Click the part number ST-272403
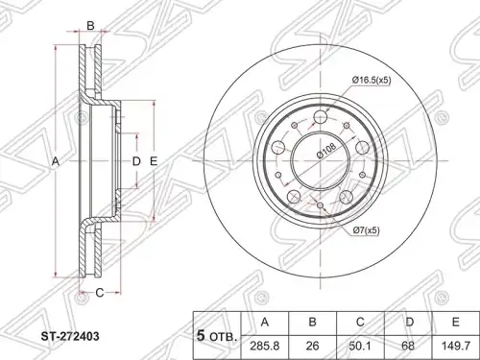[70, 336]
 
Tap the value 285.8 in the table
[265, 346]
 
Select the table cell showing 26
[312, 346]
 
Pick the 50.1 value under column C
[360, 346]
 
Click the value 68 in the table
[408, 346]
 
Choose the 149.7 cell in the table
[456, 346]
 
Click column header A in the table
[265, 322]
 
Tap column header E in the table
[456, 322]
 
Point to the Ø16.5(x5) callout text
[372, 80]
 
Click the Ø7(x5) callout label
[367, 230]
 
